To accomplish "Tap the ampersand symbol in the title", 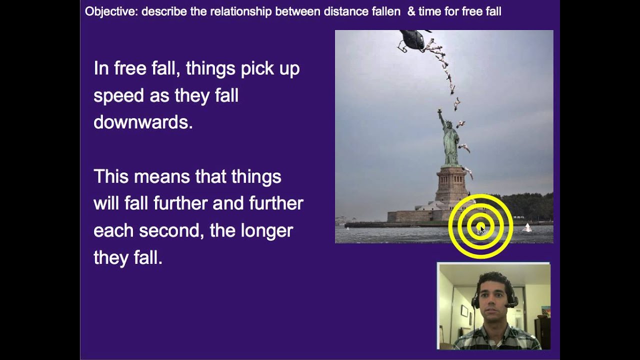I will [x=411, y=11].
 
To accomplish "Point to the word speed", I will [x=119, y=96].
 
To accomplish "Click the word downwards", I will [x=142, y=122].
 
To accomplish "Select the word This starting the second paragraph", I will [x=111, y=176].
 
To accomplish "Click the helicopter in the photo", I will [x=413, y=40].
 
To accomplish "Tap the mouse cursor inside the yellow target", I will [x=481, y=228].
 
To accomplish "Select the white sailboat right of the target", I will [x=526, y=227].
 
